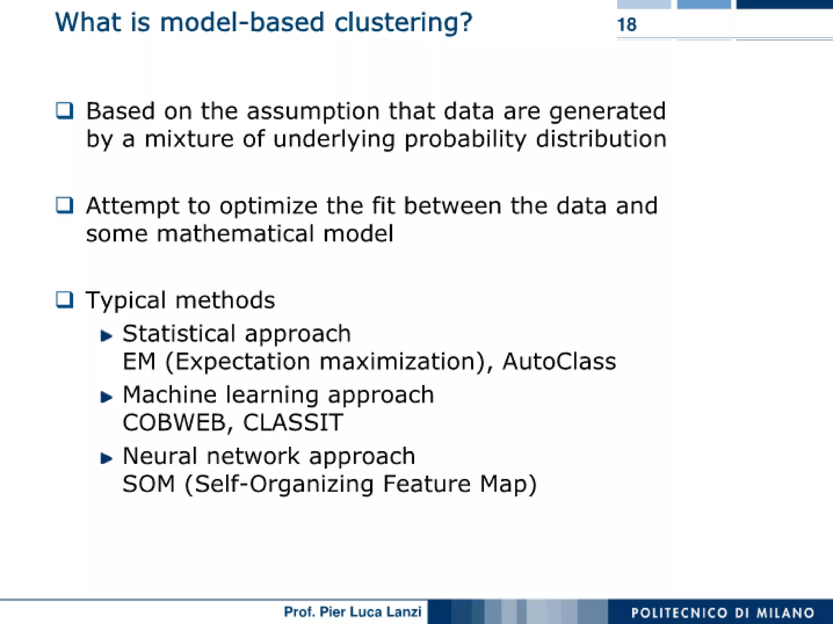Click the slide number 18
point(626,25)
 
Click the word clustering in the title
point(403,22)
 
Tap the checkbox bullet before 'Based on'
point(65,111)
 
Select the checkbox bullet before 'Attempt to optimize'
point(65,205)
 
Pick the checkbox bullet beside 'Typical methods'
point(65,300)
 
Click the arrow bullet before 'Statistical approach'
point(106,336)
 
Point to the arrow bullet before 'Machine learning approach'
point(106,397)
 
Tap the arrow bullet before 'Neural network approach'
point(106,458)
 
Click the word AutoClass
point(559,361)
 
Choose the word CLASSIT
point(293,423)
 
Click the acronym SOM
point(148,484)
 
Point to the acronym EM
point(139,361)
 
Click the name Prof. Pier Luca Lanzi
point(352,612)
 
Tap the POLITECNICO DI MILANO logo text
point(722,613)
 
